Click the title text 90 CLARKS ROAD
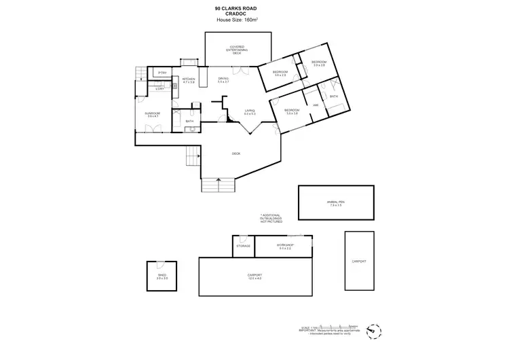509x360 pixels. click(x=235, y=8)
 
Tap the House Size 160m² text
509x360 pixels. click(x=235, y=20)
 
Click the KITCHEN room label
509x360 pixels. click(x=189, y=80)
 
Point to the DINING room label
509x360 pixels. click(x=223, y=80)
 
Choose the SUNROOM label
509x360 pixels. click(x=153, y=114)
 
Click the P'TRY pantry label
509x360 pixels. click(x=162, y=73)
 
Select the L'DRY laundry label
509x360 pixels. click(x=159, y=89)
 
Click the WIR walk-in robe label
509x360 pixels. click(x=316, y=105)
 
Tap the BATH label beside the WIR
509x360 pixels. click(x=333, y=96)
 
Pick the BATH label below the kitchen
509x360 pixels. click(x=190, y=122)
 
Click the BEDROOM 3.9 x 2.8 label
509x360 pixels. click(x=318, y=64)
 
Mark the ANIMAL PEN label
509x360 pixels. click(x=336, y=202)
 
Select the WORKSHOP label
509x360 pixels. click(x=284, y=246)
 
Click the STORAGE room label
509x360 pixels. click(x=243, y=246)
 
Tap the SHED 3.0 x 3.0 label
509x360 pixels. click(x=161, y=276)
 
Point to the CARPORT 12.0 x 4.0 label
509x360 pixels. click(x=254, y=276)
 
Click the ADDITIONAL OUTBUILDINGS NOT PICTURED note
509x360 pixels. click(x=269, y=217)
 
